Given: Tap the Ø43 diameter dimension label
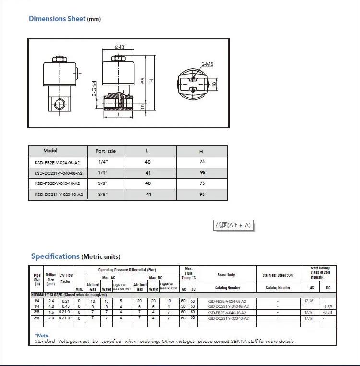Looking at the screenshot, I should [x=120, y=47].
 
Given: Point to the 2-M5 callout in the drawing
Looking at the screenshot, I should [x=207, y=64].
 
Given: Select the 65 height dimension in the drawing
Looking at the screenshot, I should [x=143, y=81].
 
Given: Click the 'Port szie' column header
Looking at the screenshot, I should [x=106, y=151].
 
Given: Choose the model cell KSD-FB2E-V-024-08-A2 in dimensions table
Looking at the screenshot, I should [x=58, y=162].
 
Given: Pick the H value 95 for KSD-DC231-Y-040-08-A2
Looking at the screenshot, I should [x=202, y=173].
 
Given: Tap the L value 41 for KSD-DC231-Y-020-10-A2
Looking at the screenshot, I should [x=148, y=195].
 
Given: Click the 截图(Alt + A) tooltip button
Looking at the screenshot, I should [x=233, y=225].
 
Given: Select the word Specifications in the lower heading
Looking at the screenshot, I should [x=55, y=256].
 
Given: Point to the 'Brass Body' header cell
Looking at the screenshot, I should [x=227, y=275].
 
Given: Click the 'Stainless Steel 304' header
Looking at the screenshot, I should [x=277, y=275].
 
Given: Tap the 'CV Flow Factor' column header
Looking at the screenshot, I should [x=66, y=279].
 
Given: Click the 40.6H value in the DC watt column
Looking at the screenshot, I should [x=328, y=312].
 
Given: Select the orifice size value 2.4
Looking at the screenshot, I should [x=51, y=301].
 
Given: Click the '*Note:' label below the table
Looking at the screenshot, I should [x=42, y=335].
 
